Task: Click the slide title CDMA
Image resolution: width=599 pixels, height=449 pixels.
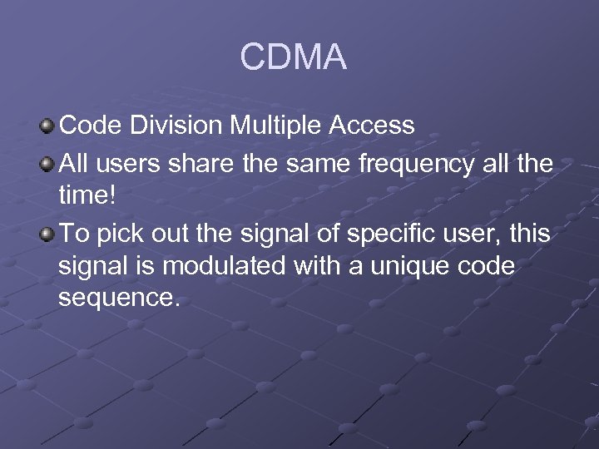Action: click(293, 57)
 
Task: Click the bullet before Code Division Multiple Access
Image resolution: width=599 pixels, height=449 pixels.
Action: click(47, 126)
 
